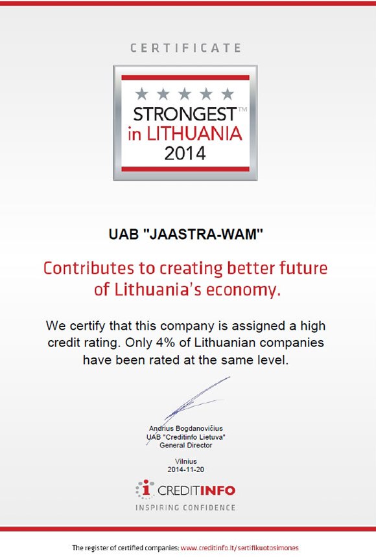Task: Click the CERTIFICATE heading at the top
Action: pyautogui.click(x=185, y=48)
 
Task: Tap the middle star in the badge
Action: pyautogui.click(x=185, y=94)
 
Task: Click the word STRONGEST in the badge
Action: pyautogui.click(x=185, y=115)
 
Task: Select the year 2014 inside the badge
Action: pyautogui.click(x=185, y=153)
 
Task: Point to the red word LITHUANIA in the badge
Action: pyautogui.click(x=194, y=134)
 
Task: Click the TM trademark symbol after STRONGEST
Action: pyautogui.click(x=242, y=109)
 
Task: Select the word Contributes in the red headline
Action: pyautogui.click(x=89, y=268)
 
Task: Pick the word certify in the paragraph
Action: pyautogui.click(x=87, y=326)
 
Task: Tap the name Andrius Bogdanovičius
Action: pyautogui.click(x=185, y=428)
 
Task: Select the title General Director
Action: pyautogui.click(x=185, y=445)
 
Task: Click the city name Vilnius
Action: pyautogui.click(x=185, y=461)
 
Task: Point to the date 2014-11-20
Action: pyautogui.click(x=185, y=470)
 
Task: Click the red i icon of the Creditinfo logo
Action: pyautogui.click(x=145, y=489)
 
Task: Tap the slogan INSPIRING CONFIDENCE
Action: pyautogui.click(x=185, y=508)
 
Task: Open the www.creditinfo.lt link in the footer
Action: pyautogui.click(x=239, y=548)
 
